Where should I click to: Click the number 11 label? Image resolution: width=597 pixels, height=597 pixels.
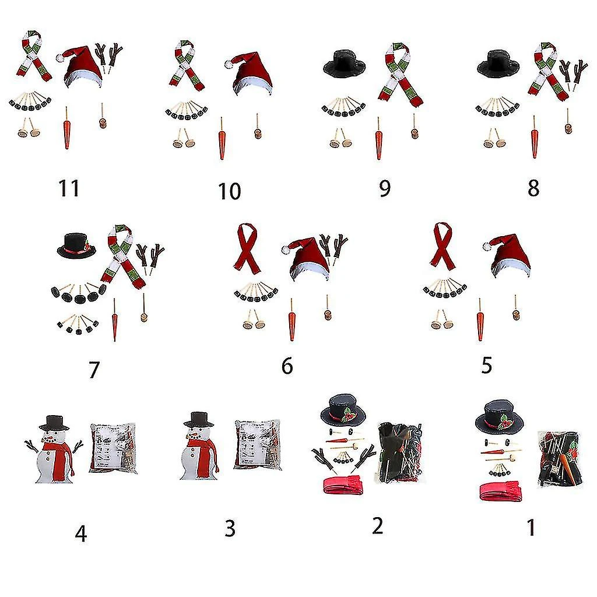[x=69, y=188]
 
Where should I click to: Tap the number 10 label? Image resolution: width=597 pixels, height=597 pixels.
[x=229, y=191]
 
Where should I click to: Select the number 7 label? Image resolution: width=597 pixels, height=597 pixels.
[x=94, y=370]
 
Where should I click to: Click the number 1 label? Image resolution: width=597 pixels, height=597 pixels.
[x=531, y=528]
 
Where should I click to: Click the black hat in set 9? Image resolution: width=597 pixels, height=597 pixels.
[x=344, y=64]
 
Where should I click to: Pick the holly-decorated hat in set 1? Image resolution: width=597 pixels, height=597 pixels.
[x=499, y=416]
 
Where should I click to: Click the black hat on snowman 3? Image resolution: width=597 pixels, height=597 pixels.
[x=198, y=419]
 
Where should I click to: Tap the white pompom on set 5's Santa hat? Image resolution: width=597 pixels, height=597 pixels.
[x=487, y=247]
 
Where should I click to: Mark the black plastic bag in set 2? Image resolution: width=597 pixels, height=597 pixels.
[x=399, y=452]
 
